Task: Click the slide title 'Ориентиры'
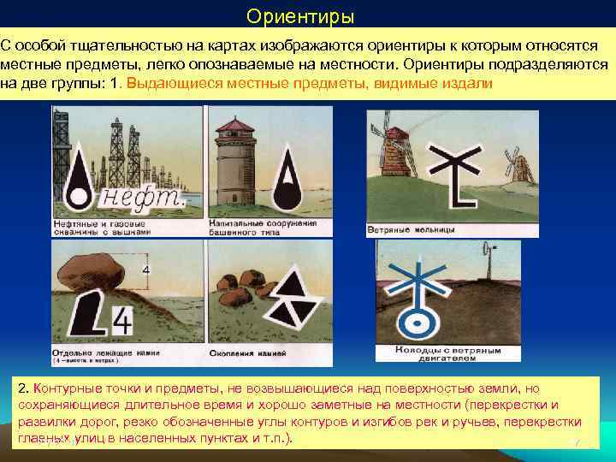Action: (299, 17)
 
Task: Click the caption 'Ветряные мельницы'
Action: (411, 230)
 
